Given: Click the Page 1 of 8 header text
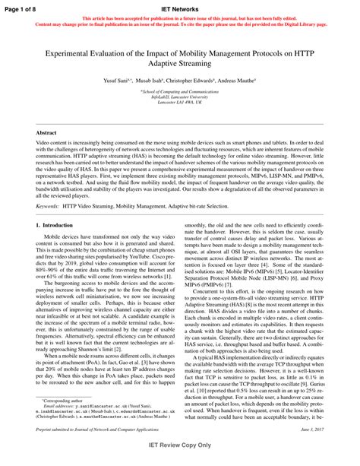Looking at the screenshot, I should pyautogui.click(x=21, y=7).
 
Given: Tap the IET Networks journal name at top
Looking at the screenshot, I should pyautogui.click(x=180, y=7).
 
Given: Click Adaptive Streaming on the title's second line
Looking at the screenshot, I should pyautogui.click(x=180, y=65).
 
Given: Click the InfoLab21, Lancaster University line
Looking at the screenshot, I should pyautogui.click(x=180, y=99).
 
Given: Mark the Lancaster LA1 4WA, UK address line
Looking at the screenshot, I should pyautogui.click(x=180, y=105).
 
